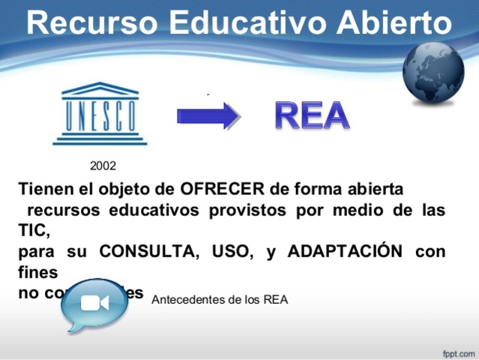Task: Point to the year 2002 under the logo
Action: pyautogui.click(x=103, y=165)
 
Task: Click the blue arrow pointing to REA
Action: pyautogui.click(x=208, y=115)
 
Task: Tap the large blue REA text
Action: pyautogui.click(x=312, y=115)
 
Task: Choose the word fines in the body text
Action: pyautogui.click(x=38, y=271)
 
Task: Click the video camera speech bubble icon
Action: pyautogui.click(x=94, y=304)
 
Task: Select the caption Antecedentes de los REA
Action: pyautogui.click(x=219, y=299)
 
